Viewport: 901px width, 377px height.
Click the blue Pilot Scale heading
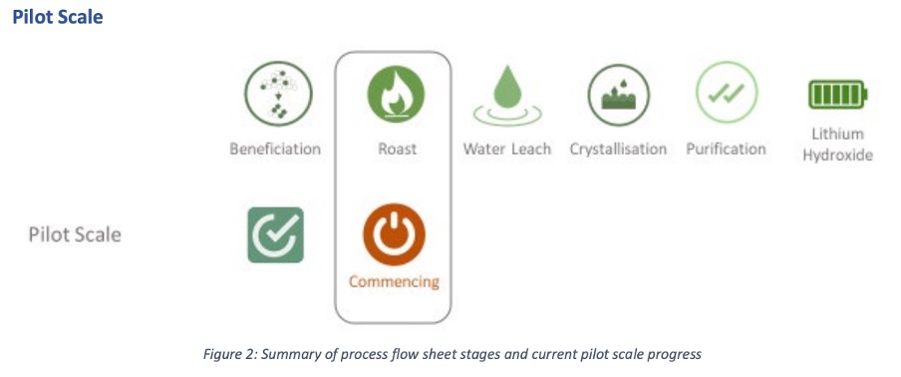(x=58, y=17)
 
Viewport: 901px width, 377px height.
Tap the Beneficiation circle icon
(x=278, y=94)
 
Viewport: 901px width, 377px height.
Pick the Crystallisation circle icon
(x=618, y=95)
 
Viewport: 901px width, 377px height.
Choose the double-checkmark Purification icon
(x=727, y=93)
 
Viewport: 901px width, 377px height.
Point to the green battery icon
(x=838, y=94)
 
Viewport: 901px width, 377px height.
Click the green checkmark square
(x=275, y=235)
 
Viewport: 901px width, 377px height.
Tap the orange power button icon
(x=395, y=234)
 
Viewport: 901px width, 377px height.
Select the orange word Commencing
(x=395, y=282)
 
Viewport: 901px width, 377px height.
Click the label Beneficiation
(x=275, y=149)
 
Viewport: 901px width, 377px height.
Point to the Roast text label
(x=397, y=149)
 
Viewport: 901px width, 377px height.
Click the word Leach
(x=529, y=149)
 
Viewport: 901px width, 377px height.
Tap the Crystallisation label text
(x=618, y=149)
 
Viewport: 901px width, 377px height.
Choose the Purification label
(x=726, y=149)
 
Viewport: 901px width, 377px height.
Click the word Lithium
(x=838, y=134)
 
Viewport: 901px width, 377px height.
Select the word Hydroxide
(x=838, y=156)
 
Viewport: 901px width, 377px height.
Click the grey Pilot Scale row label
(x=75, y=235)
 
